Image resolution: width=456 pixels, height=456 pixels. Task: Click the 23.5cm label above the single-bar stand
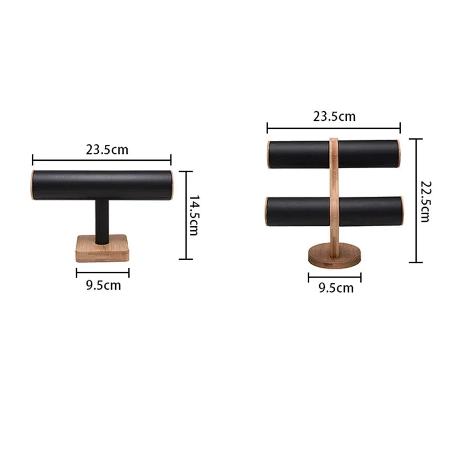point(107,150)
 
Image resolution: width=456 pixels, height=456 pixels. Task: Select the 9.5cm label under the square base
point(103,286)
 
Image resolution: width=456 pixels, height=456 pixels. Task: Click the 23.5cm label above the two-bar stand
point(334,117)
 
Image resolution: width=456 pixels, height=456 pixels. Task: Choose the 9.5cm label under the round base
point(336,288)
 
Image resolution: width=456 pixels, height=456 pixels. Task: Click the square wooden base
point(102,251)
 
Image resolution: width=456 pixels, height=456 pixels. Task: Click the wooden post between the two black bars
point(334,182)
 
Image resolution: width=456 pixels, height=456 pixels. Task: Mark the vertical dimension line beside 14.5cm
point(186,215)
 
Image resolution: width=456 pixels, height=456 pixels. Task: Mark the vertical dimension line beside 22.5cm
point(416,201)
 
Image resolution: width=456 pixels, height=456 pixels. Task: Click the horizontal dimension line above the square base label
point(103,273)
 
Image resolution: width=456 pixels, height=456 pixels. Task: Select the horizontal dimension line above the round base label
point(335,278)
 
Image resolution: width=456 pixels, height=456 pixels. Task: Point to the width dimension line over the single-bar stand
point(101,160)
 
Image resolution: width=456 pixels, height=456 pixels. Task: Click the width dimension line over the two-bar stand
point(333,128)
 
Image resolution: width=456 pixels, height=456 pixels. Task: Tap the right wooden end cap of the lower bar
point(401,211)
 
